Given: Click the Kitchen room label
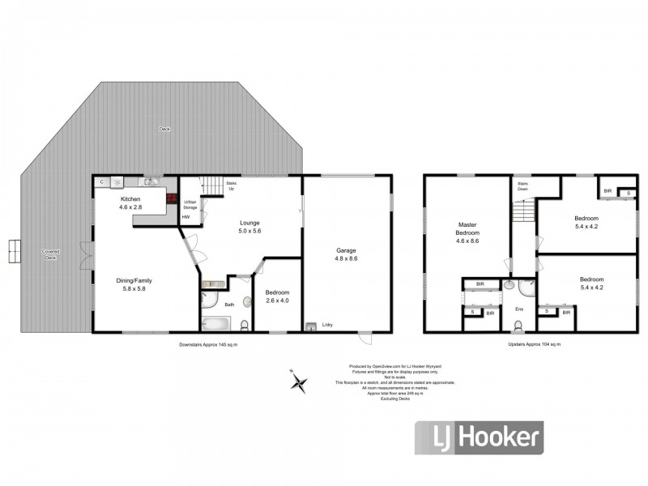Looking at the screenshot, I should (131, 199).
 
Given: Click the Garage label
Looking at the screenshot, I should (347, 250).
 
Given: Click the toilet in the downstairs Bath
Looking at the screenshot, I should (246, 324).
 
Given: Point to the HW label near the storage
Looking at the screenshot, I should (185, 216).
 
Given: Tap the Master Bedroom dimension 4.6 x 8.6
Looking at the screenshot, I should (468, 241).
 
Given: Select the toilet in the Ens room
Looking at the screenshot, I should (518, 326).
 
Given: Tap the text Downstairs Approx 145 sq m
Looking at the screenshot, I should (214, 344).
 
